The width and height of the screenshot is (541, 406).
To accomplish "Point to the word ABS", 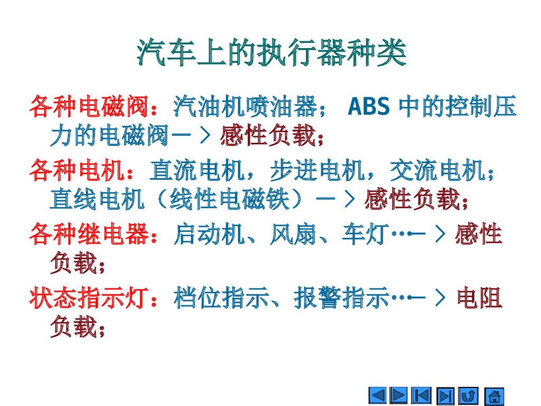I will coord(369,107).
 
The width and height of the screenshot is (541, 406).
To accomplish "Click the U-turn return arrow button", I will coord(469,396).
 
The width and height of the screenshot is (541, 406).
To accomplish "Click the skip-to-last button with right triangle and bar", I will coord(446,396).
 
